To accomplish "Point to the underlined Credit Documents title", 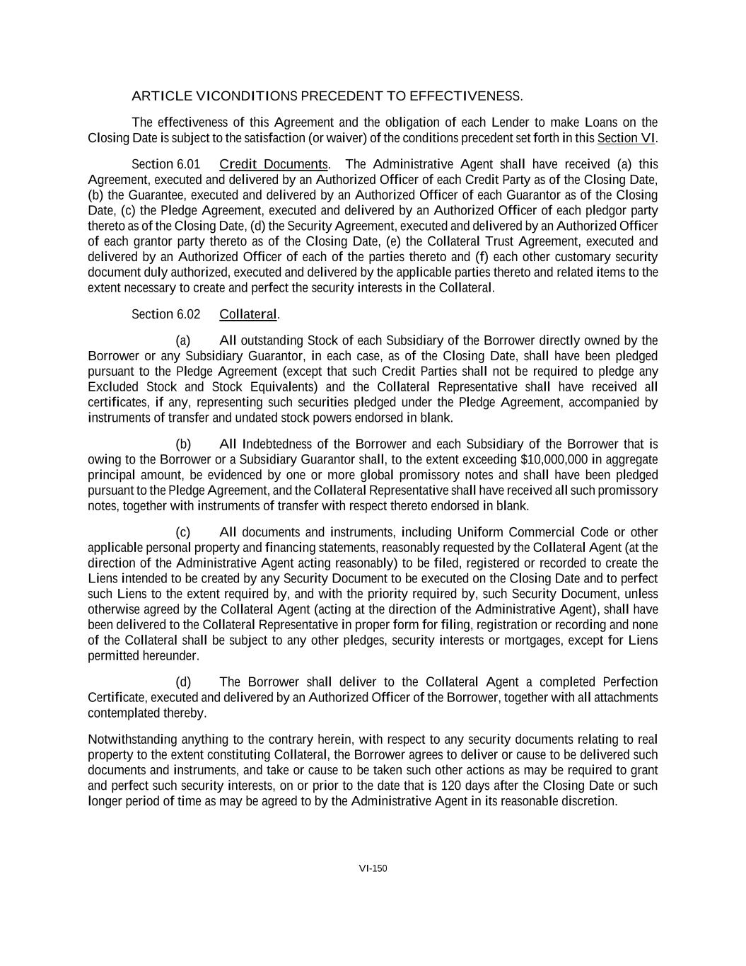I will coord(274,165).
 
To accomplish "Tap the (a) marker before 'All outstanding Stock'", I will coord(183,341).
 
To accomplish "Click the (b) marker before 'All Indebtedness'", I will coord(183,444).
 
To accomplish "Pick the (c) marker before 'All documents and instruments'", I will coord(183,532).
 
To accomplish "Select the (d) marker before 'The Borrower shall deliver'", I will coord(183,682).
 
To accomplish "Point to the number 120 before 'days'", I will coord(450,786).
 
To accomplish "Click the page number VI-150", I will coord(373,868).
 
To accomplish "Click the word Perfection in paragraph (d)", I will coord(630,682).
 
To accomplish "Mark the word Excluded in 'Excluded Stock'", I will coord(112,387).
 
